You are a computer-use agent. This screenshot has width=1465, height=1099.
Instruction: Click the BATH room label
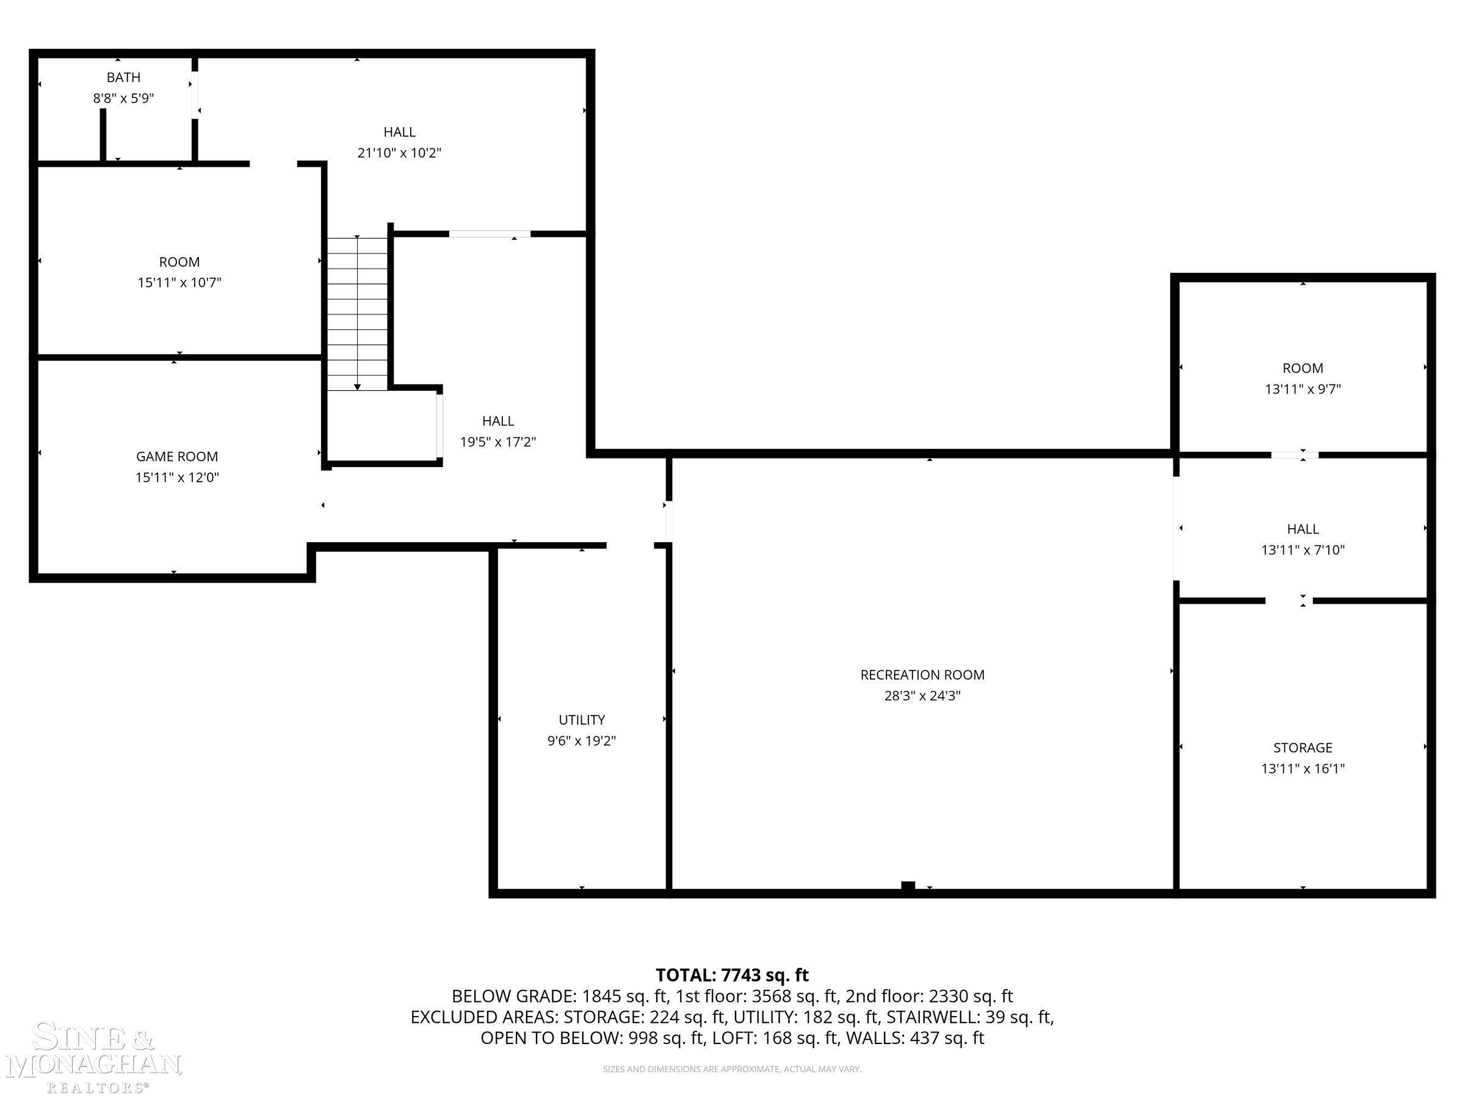point(123,78)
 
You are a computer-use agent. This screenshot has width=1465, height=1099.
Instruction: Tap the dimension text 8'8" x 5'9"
point(123,99)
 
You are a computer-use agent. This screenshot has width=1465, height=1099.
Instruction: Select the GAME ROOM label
point(177,457)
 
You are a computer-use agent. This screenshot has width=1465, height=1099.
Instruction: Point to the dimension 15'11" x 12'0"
point(177,477)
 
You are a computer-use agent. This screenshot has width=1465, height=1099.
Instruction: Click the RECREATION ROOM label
point(922,675)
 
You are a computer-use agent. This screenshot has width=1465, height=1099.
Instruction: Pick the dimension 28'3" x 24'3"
point(922,696)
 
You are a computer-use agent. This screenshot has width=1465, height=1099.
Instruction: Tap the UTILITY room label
point(582,720)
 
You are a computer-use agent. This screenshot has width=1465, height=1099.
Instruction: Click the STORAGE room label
point(1302,748)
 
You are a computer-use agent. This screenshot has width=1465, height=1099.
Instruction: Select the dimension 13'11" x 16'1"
point(1302,769)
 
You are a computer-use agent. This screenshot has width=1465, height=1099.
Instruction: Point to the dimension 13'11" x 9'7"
point(1302,390)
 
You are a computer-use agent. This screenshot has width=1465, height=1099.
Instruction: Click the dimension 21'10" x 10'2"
point(399,153)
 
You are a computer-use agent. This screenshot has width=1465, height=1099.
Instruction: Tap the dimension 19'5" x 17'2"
point(498,442)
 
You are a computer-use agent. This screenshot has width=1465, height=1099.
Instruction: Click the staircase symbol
point(358,313)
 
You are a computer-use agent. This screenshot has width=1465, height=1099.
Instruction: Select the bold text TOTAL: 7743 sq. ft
point(732,975)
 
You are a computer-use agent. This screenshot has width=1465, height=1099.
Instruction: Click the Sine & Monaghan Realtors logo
point(93,1058)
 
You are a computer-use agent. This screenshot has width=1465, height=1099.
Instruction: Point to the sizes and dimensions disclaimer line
point(732,1069)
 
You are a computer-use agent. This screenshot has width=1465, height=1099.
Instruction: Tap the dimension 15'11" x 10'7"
point(179,283)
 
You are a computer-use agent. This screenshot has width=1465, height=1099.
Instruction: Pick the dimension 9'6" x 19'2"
point(582,741)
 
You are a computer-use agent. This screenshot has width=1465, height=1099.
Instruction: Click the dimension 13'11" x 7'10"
point(1302,550)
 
